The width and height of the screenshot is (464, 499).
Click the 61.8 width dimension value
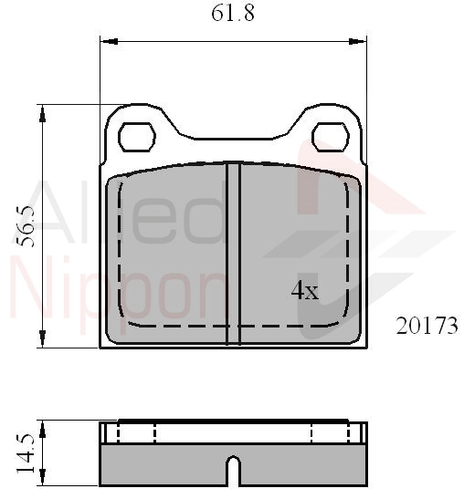point(233,14)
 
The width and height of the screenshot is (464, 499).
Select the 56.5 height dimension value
point(26,226)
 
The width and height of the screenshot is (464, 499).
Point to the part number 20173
point(427,326)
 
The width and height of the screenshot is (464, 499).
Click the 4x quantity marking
point(305,291)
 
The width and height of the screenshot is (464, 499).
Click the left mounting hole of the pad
point(137,137)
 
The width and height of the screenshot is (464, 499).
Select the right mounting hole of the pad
point(331,137)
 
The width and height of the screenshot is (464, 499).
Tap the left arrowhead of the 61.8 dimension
point(109,41)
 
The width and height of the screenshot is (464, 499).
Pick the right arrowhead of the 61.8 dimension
point(358,41)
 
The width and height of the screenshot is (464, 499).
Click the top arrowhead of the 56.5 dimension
point(42,114)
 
